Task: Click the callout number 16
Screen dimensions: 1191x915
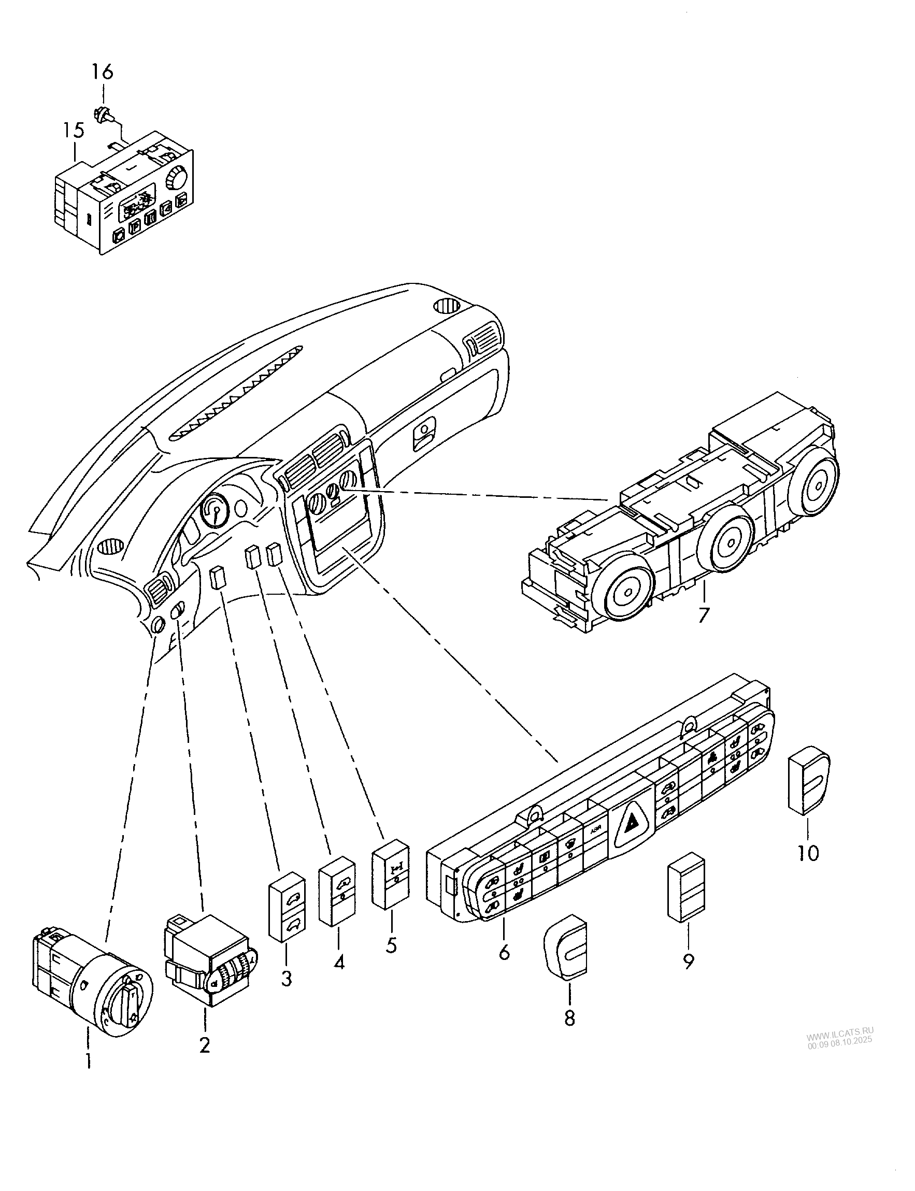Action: click(x=102, y=73)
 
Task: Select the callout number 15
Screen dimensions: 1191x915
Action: click(x=73, y=131)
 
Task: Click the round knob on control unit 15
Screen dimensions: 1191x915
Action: click(x=177, y=177)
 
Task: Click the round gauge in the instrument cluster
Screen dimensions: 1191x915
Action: click(x=215, y=511)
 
